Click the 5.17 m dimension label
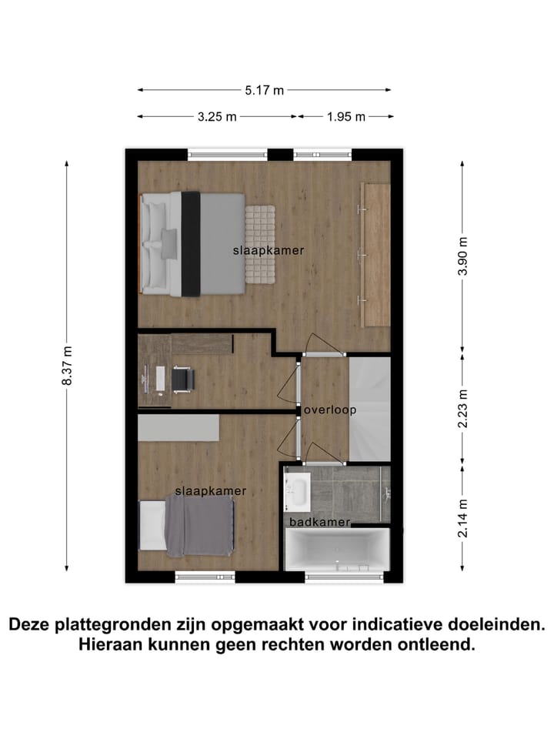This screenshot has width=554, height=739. click(265, 90)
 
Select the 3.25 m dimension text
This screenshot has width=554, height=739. click(217, 116)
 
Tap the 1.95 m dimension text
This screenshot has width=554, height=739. click(346, 116)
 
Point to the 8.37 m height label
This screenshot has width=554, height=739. click(67, 371)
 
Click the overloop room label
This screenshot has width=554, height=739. click(330, 410)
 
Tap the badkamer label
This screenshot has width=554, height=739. click(319, 522)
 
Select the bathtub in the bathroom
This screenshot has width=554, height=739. click(336, 550)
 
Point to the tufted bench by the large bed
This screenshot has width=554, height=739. click(260, 243)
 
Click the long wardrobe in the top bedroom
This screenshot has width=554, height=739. click(376, 254)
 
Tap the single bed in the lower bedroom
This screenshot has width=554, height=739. click(187, 526)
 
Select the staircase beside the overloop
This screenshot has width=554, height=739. click(370, 408)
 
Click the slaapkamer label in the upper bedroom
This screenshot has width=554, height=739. click(269, 250)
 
